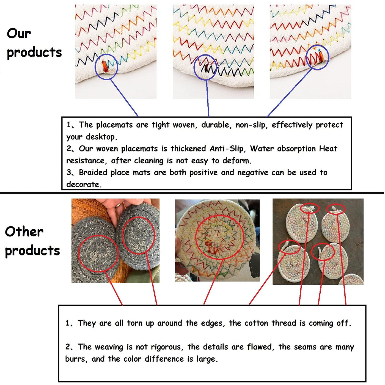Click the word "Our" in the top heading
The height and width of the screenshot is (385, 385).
(19, 33)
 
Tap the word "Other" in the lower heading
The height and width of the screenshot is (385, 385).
(24, 232)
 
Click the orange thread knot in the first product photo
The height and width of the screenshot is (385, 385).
(105, 67)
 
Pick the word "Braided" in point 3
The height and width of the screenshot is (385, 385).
(93, 172)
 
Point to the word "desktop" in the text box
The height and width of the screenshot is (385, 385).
(101, 137)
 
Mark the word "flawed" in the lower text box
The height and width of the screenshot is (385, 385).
(260, 347)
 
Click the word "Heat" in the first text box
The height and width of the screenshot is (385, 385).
(328, 149)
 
